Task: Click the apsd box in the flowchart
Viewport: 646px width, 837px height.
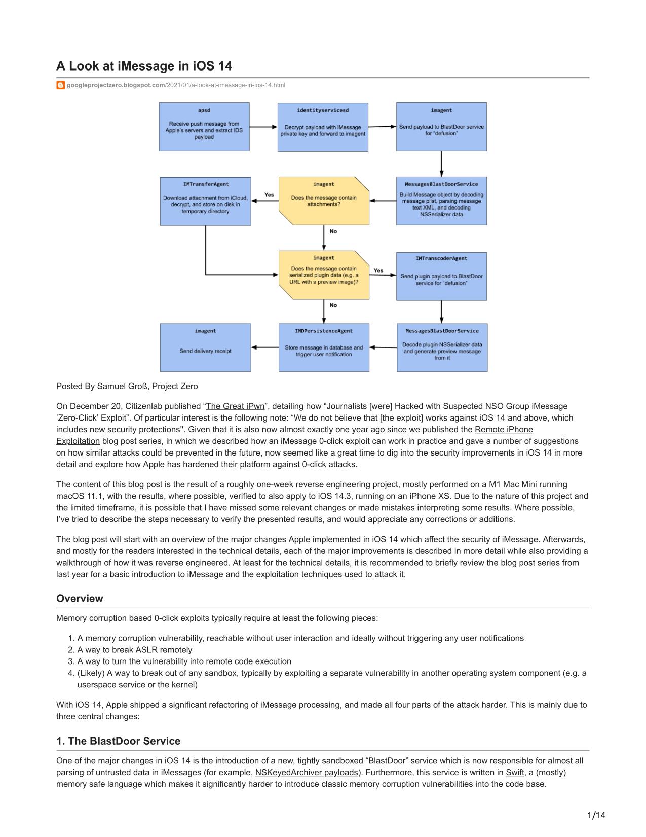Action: (x=204, y=127)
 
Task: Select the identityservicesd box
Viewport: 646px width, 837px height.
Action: (x=323, y=127)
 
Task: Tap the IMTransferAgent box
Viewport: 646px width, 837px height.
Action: (x=206, y=201)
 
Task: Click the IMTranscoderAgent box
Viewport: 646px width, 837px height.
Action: (x=441, y=276)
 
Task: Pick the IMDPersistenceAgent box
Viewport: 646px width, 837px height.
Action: (x=324, y=347)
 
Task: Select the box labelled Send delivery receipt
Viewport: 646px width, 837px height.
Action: (x=206, y=347)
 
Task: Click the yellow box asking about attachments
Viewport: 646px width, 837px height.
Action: (x=324, y=201)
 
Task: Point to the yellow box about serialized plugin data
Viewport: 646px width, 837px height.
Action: (x=324, y=275)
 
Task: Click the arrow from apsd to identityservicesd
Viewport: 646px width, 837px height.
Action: (x=263, y=127)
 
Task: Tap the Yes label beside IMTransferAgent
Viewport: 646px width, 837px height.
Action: (x=269, y=194)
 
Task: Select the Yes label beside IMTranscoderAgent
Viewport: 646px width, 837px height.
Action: (x=378, y=270)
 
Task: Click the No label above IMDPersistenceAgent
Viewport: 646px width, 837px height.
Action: (x=333, y=305)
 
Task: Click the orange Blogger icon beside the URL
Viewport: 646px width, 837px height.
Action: (x=60, y=85)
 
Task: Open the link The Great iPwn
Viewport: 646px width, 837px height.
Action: (x=235, y=406)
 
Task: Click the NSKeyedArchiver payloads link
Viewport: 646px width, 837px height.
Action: (x=307, y=772)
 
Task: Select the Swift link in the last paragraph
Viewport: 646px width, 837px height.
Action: (x=515, y=772)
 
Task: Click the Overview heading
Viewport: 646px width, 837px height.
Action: (x=80, y=598)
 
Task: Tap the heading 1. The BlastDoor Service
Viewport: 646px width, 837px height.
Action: (x=118, y=741)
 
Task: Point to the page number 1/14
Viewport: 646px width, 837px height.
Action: (x=596, y=815)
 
